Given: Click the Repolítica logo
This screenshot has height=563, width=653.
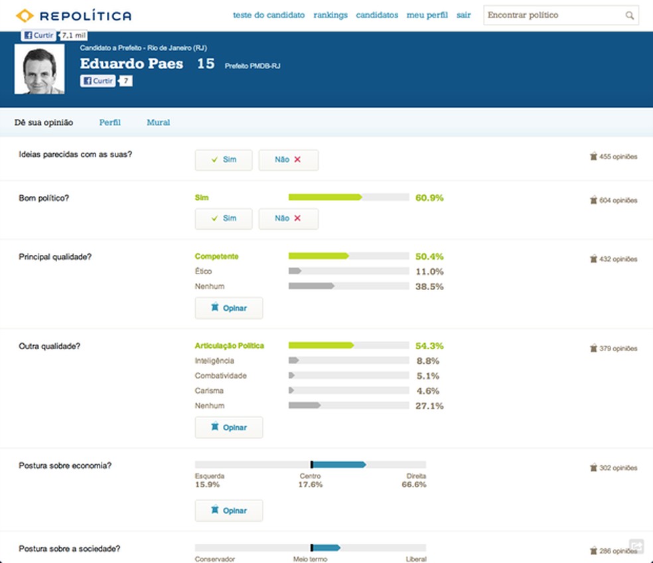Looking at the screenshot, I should coord(73,15).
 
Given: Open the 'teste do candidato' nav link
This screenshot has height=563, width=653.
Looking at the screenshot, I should coord(269,15).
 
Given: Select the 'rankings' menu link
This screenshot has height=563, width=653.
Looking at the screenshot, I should coord(330,15).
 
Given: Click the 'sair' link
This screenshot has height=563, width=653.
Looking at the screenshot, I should coord(464,15).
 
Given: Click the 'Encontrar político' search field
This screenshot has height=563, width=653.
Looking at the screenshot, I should coord(554,15).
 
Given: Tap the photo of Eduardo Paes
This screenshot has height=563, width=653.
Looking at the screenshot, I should coord(40,69).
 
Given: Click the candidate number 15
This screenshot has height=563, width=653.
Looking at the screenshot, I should coord(206,64).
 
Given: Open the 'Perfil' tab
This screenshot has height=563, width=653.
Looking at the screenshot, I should coord(110,122).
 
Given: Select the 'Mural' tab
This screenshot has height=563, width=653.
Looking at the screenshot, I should coord(158,122).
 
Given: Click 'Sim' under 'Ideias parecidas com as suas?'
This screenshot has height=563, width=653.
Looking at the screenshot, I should coord(224,160).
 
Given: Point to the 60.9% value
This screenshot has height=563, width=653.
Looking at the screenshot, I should coord(429,198).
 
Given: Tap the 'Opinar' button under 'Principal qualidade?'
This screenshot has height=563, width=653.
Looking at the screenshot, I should coord(229,308).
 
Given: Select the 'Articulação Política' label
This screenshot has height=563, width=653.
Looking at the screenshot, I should coord(230,346).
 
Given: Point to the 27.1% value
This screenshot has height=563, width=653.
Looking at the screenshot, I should coord(429,406).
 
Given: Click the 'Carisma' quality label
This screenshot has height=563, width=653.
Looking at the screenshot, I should coord(209,391).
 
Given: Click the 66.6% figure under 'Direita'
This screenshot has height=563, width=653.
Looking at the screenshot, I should coord(414,485).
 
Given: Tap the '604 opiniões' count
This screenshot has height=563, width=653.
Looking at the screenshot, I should coord(613,201).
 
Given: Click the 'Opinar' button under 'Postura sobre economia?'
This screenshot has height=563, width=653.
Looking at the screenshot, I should coord(229,511).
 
